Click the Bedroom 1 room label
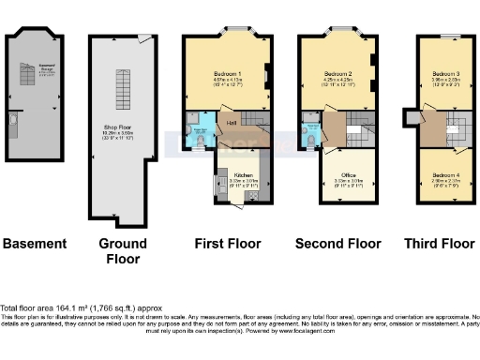[227, 73]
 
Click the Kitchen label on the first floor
[243, 175]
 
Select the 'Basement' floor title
[36, 244]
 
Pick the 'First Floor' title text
[227, 244]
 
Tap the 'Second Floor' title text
[336, 244]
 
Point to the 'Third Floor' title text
[439, 244]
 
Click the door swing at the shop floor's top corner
[142, 38]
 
